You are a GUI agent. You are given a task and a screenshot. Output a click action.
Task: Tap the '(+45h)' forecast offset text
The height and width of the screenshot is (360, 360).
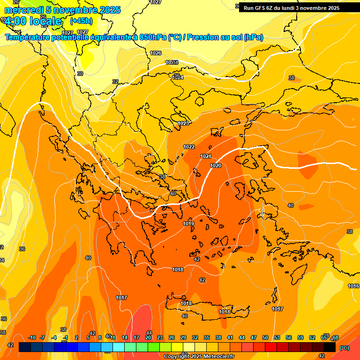coord(81,21)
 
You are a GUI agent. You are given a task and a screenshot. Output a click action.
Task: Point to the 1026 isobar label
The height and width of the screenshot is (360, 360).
coord(156,53)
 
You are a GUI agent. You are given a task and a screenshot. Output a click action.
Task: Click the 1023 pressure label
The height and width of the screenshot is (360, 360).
coord(183,123)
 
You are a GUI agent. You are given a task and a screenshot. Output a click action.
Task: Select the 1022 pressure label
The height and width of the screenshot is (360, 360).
coord(189,147)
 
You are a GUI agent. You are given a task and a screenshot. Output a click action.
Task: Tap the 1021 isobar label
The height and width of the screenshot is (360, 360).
coord(206,156)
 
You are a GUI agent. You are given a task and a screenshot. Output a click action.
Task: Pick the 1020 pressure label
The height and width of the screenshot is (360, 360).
coord(216,165)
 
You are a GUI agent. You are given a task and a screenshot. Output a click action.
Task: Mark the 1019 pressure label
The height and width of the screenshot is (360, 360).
coord(188,224)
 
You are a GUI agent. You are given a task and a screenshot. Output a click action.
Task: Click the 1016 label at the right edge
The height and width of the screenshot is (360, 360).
coord(353,286)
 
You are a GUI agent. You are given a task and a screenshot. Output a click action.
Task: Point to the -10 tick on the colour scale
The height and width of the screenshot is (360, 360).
coord(32,337)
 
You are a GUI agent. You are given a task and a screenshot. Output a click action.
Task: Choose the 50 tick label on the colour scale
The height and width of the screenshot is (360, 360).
coord(265,337)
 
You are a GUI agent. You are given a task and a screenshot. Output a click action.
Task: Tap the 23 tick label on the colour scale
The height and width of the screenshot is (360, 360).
coord(160,337)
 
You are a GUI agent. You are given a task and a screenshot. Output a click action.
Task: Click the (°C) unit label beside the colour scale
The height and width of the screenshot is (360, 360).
coord(345,348)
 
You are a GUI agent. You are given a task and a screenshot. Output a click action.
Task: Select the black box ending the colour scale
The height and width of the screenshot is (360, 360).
coord(330,347)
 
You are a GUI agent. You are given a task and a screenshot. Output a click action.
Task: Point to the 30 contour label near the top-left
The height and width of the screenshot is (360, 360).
coord(80,74)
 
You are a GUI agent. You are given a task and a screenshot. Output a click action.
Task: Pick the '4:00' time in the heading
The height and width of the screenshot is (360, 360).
coord(15,21)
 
